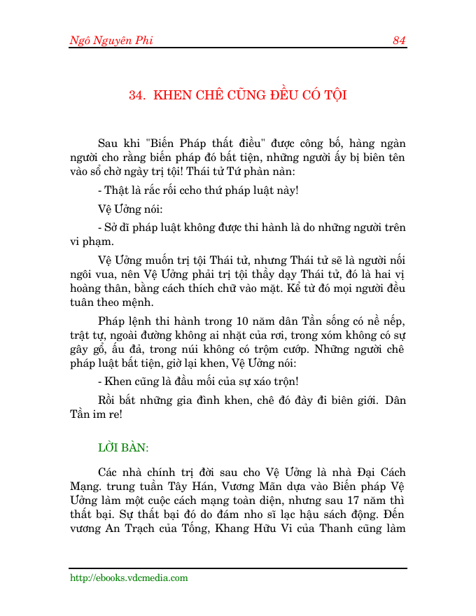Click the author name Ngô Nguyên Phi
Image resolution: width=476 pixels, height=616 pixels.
click(x=111, y=41)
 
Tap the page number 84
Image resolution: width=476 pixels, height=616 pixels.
click(x=399, y=41)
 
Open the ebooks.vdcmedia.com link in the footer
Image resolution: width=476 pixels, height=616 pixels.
click(x=129, y=578)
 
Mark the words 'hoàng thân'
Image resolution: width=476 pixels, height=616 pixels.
click(x=96, y=288)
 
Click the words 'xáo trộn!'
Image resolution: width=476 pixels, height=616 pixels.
click(x=277, y=382)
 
